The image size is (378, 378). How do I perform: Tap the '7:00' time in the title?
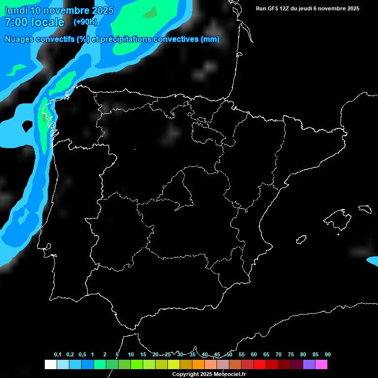click(15, 22)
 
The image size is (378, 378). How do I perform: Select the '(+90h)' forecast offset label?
click(85, 22)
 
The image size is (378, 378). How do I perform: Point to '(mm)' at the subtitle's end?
click(210, 39)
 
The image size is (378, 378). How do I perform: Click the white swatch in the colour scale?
click(50, 365)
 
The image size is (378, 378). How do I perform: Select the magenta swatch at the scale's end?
click(321, 365)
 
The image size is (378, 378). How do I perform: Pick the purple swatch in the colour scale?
click(309, 365)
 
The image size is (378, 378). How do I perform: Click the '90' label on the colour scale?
click(328, 354)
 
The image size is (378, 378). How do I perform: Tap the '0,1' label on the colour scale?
click(58, 354)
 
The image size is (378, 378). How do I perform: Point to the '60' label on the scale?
click(254, 354)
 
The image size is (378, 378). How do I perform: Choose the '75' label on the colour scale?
click(291, 354)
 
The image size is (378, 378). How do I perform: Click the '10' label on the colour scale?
click(131, 354)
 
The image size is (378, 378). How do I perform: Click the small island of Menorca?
click(364, 209)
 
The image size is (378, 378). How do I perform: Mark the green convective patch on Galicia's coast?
click(44, 116)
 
